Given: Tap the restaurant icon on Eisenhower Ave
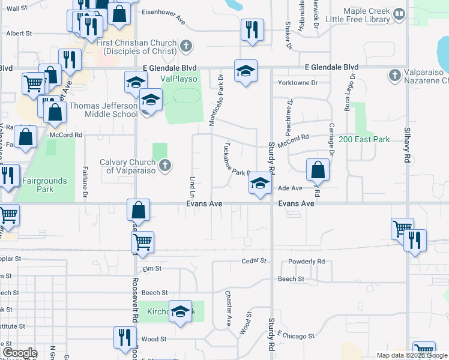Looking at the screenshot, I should click(x=252, y=29).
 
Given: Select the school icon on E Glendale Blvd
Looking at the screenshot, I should click(x=246, y=70).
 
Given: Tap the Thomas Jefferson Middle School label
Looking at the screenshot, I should click(x=103, y=110).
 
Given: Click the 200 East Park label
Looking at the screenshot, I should click(x=364, y=139).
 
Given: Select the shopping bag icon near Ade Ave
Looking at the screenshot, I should click(x=318, y=170).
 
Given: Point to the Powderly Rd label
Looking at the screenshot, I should click(x=306, y=262).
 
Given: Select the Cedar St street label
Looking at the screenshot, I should click(x=253, y=261).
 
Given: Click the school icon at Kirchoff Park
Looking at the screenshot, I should click(x=179, y=311).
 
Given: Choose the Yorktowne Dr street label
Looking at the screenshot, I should click(x=297, y=82).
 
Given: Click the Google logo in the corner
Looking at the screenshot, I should click(x=20, y=353).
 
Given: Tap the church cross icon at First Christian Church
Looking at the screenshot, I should click(x=187, y=46).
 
